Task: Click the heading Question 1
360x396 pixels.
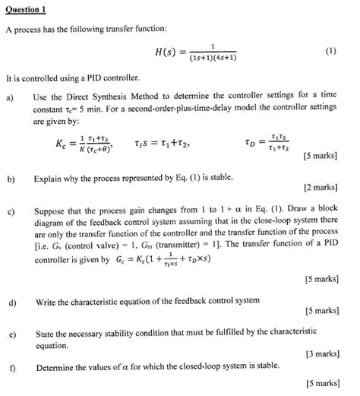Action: [25, 9]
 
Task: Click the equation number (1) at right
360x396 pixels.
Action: [330, 53]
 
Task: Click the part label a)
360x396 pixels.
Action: [10, 95]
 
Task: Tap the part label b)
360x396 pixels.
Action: [11, 180]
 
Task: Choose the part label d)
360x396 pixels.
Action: [11, 302]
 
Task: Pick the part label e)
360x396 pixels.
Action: [11, 333]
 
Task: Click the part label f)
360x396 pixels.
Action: [10, 366]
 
